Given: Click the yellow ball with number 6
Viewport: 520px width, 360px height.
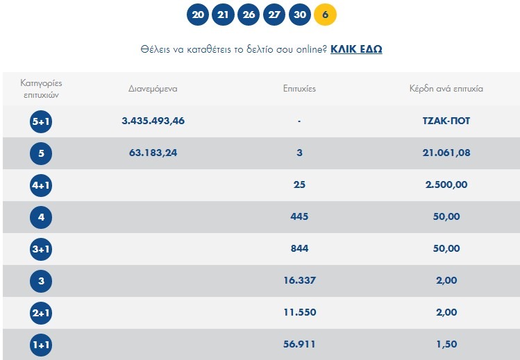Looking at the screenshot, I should pos(325,15).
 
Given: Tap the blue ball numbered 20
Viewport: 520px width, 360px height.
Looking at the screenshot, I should pos(198,15).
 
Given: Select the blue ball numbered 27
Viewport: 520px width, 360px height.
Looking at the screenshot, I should pos(274,15).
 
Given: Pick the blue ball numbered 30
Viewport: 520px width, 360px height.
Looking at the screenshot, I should pos(299,15).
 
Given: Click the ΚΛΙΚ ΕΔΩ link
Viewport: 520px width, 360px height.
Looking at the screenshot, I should pos(356,49).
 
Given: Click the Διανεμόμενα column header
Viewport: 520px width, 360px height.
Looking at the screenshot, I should pos(153,89).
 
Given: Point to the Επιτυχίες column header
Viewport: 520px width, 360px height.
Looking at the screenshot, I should pos(299,89).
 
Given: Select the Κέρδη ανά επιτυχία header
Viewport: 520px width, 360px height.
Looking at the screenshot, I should pos(446,89).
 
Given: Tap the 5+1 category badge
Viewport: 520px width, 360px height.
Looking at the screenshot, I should pos(42,121).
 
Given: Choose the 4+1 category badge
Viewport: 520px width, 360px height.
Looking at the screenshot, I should pos(42,185).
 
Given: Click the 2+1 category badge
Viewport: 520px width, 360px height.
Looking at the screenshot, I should pos(42,313).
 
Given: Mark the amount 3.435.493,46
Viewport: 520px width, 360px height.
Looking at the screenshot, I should pos(153,121).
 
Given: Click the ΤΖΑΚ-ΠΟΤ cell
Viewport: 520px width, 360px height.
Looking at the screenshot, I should pos(446,121).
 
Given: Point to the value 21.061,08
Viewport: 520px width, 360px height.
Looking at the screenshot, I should pos(446,153).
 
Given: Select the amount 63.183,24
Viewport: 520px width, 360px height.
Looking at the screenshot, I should pos(153,153).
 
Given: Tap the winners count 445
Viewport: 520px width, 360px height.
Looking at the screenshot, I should pos(299,216).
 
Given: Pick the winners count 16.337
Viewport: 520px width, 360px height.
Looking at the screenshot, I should pos(299,280).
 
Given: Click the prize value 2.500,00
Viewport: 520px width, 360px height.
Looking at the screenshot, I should pos(446,185).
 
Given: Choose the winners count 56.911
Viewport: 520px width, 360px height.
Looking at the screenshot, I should pos(299,344).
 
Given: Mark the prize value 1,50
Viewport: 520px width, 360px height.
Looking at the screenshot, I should pos(446,344).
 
